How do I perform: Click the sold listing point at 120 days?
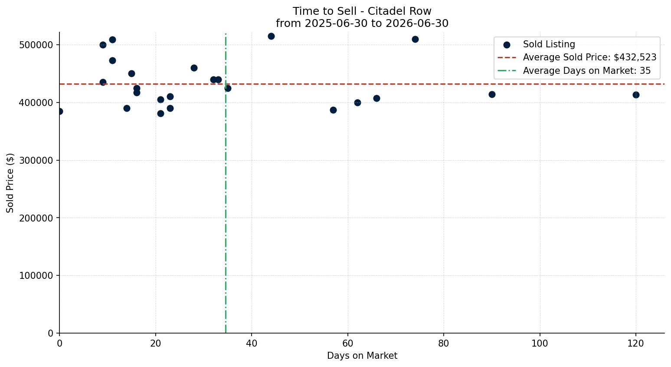[636, 95]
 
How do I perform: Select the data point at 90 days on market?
[492, 94]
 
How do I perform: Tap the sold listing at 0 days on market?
[59, 112]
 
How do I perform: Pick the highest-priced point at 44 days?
[271, 36]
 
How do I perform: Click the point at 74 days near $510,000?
[415, 39]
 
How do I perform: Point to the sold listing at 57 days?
[333, 110]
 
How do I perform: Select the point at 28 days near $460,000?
[194, 68]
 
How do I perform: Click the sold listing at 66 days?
[376, 98]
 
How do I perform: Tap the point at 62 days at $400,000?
[357, 103]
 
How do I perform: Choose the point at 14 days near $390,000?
[127, 108]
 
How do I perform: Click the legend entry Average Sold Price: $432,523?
[577, 57]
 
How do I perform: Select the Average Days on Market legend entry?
[574, 71]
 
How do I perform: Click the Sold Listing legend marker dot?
[507, 45]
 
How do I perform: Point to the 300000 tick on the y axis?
[36, 160]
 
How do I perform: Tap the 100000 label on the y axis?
[36, 275]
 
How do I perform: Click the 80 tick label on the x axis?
[444, 344]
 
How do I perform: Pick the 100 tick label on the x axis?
[540, 344]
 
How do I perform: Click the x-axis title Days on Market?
[362, 356]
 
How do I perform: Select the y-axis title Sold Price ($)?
[10, 183]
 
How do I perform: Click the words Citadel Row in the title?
[399, 11]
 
